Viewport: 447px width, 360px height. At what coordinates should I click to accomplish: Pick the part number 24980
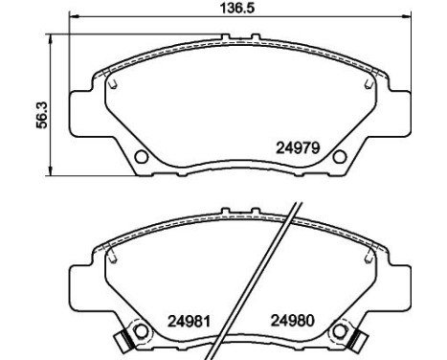click(291, 322)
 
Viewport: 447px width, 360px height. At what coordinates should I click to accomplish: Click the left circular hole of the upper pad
click(141, 157)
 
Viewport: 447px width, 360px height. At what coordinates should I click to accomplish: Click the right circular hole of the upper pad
click(335, 157)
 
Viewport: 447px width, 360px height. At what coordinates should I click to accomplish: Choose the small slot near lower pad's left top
click(113, 259)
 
